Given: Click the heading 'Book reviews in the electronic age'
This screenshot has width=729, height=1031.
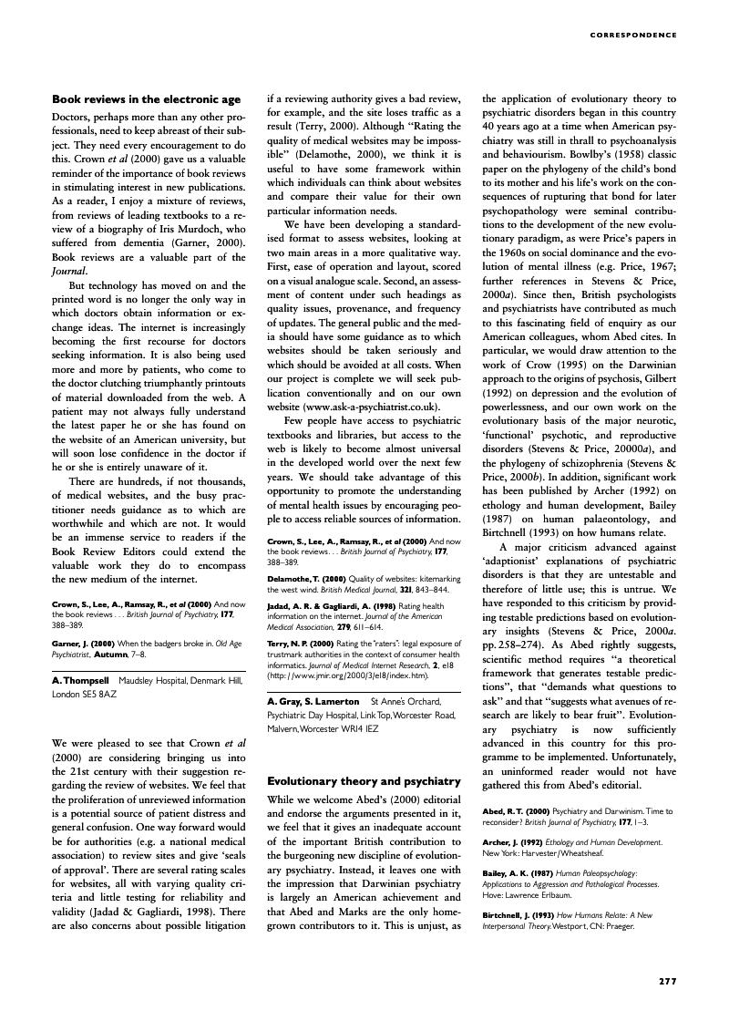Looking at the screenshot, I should pos(146,99).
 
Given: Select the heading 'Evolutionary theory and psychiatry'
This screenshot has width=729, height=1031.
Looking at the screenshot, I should pos(364,781).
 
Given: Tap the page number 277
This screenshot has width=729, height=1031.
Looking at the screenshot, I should pos(667,981).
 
